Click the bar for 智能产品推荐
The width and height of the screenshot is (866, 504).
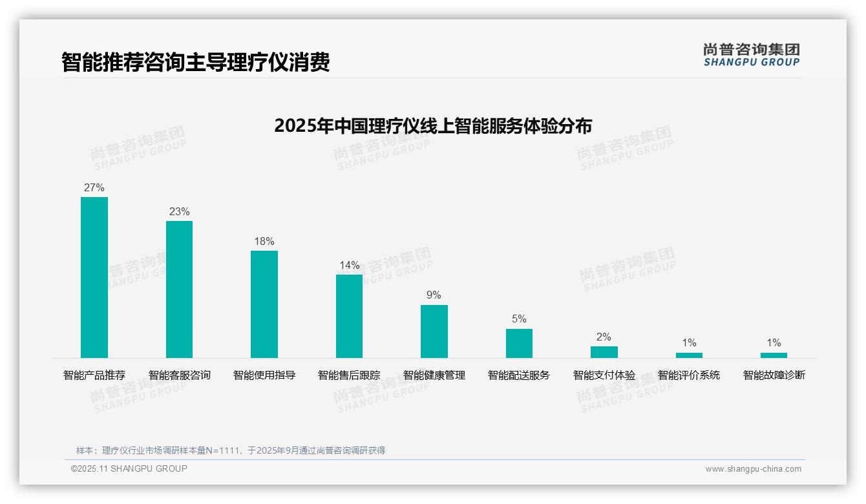pyautogui.click(x=94, y=277)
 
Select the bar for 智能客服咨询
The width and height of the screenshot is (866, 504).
pyautogui.click(x=179, y=289)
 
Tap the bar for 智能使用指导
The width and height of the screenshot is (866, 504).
pyautogui.click(x=264, y=304)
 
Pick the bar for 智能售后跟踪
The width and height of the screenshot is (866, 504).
pyautogui.click(x=349, y=316)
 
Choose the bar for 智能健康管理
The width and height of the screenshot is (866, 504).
pyautogui.click(x=434, y=331)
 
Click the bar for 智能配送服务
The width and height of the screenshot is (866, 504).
pyautogui.click(x=519, y=343)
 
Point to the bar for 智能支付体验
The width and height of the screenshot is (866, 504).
pyautogui.click(x=604, y=352)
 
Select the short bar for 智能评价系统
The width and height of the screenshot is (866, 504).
pyautogui.click(x=689, y=355)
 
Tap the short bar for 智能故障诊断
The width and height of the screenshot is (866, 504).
pyautogui.click(x=774, y=355)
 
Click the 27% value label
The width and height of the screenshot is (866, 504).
pyautogui.click(x=94, y=188)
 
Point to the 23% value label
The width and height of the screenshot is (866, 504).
pyautogui.click(x=179, y=212)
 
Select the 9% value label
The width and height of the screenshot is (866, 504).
pyautogui.click(x=434, y=295)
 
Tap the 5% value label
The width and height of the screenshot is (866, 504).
pyautogui.click(x=519, y=319)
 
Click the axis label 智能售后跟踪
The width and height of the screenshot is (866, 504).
pyautogui.click(x=349, y=375)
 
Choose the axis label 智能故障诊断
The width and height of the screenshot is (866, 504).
pyautogui.click(x=774, y=375)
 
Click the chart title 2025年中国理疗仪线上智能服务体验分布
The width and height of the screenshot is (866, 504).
pyautogui.click(x=433, y=125)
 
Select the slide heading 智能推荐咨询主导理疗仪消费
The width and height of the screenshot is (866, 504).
pyautogui.click(x=196, y=62)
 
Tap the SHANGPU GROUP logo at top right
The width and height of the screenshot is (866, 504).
pyautogui.click(x=751, y=55)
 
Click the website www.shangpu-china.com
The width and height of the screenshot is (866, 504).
pyautogui.click(x=753, y=469)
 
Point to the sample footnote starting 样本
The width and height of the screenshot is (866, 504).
pyautogui.click(x=231, y=450)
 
